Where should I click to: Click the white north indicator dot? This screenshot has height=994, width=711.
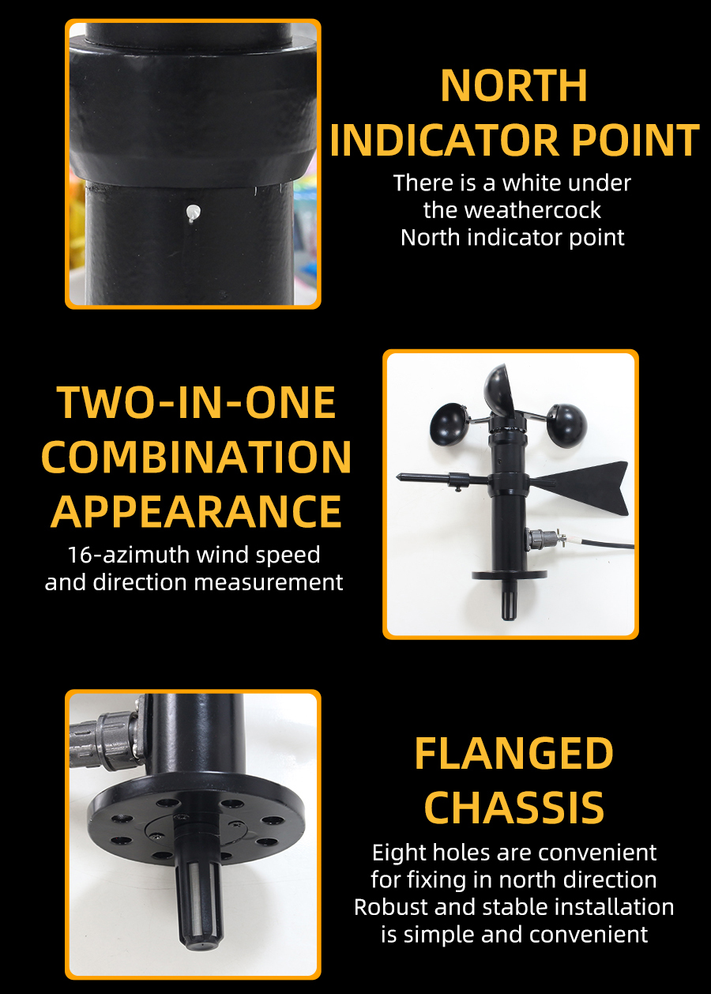[x=193, y=212]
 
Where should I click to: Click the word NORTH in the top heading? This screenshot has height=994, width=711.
[x=513, y=85]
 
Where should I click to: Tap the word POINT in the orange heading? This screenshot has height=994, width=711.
[x=635, y=140]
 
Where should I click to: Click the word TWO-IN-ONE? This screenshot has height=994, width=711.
[x=196, y=402]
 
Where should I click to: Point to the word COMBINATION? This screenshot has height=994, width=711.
[x=196, y=457]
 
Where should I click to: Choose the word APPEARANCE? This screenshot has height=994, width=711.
[x=196, y=512]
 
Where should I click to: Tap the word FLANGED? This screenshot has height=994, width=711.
[x=513, y=753]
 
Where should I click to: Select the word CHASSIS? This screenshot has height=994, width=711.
[x=514, y=808]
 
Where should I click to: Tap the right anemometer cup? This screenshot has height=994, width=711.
[x=566, y=425]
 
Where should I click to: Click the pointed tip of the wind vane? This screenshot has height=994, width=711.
[x=397, y=477]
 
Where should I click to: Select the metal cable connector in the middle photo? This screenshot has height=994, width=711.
[x=544, y=540]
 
